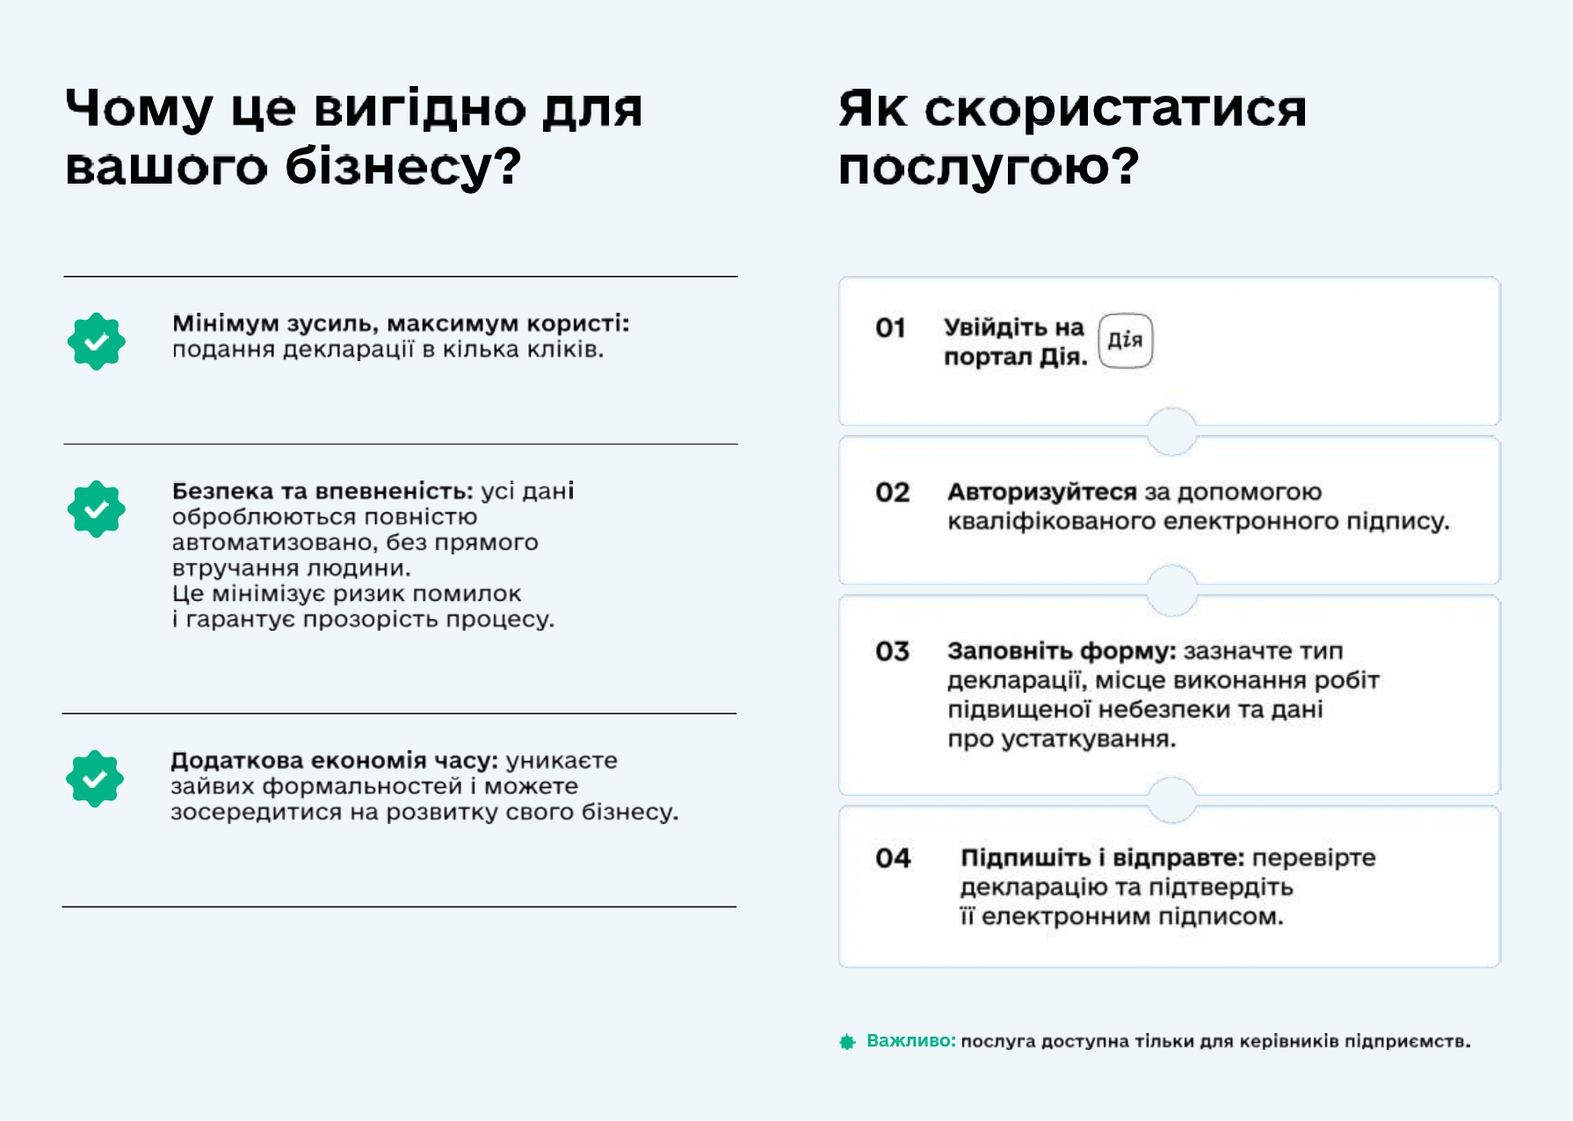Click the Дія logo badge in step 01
click(1126, 341)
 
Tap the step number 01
click(890, 329)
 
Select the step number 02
click(892, 493)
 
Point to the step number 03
click(892, 652)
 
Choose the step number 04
click(893, 858)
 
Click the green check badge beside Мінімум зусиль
click(97, 342)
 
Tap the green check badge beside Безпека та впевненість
click(97, 510)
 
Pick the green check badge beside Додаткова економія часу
click(95, 779)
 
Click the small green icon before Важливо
click(847, 1042)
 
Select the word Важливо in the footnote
click(909, 1041)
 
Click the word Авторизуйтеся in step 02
click(1042, 493)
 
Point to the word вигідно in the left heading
click(419, 110)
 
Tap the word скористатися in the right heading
click(1115, 110)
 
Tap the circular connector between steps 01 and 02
click(1171, 431)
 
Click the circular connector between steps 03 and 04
click(1171, 800)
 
